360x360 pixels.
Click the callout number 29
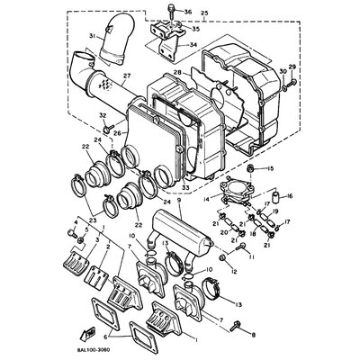(291, 68)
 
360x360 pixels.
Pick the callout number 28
(178, 70)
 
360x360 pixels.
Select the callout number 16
(289, 194)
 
